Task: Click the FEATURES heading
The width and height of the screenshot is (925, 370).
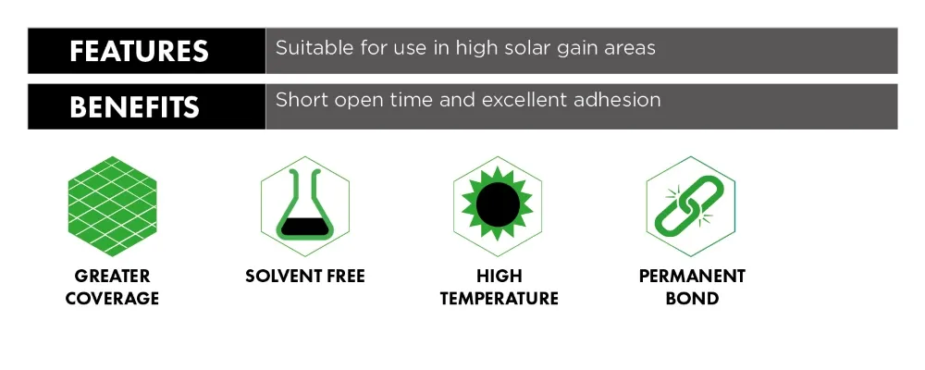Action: [x=140, y=51]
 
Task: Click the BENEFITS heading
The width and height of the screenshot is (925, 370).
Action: [x=134, y=106]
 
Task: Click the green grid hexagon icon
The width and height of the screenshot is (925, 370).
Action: [x=112, y=206]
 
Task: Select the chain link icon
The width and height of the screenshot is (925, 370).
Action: [x=690, y=206]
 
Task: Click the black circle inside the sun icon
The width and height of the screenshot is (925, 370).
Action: [x=498, y=204]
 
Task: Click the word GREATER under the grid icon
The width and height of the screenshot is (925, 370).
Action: [x=112, y=277]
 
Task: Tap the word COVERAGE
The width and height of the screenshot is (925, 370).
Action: [x=112, y=298]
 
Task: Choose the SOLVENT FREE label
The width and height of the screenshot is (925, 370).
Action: [x=305, y=277]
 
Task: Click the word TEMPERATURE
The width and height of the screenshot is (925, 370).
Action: [x=499, y=298]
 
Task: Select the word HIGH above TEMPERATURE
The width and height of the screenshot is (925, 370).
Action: [x=499, y=277]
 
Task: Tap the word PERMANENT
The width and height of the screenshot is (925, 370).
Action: [x=692, y=277]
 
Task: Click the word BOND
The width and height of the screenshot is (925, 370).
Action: [x=692, y=298]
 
